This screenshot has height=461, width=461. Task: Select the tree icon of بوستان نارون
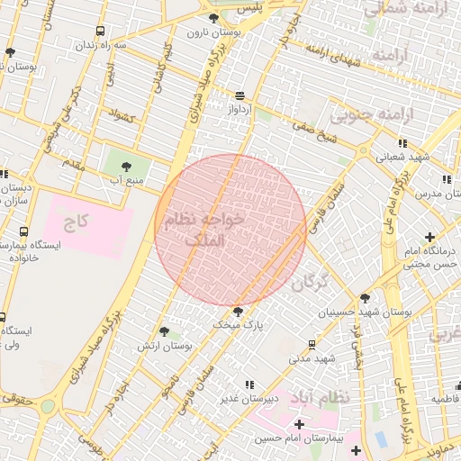pos(212,18)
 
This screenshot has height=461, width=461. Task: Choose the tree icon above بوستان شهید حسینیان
pos(364,298)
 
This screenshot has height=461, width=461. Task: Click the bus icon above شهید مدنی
pos(312,344)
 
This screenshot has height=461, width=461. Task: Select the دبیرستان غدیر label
pos(254,397)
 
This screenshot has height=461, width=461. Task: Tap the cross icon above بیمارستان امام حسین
pos(299,423)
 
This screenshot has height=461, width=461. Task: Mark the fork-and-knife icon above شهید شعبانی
pos(401,142)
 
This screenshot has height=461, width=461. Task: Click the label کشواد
pos(121,115)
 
